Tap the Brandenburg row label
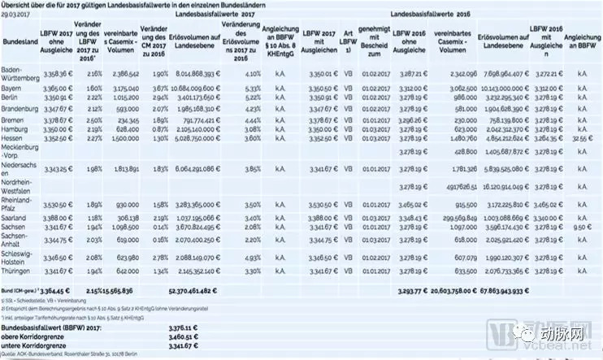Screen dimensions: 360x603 20,106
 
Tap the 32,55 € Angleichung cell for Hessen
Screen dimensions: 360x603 579,138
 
